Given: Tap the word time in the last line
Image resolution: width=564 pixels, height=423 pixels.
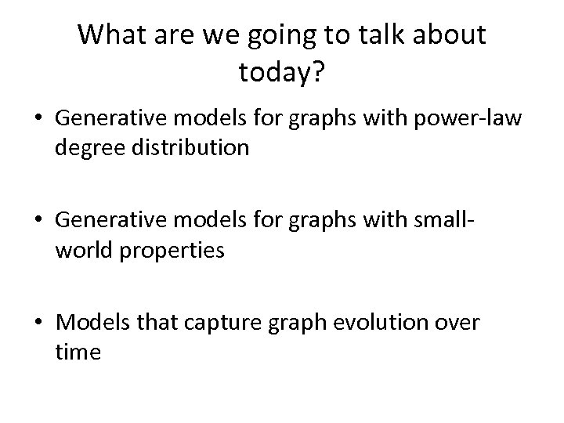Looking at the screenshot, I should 78,353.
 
